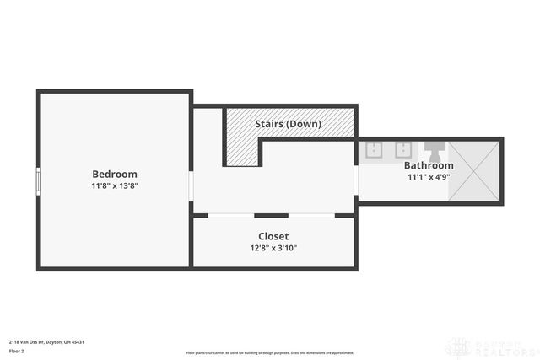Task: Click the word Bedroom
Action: click(x=114, y=174)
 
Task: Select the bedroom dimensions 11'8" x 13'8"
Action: click(x=114, y=185)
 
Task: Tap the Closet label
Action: click(x=273, y=236)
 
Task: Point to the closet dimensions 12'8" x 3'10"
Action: click(x=273, y=248)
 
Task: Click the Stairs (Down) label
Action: click(x=289, y=124)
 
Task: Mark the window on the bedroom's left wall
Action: click(x=38, y=181)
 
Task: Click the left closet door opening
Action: click(x=231, y=216)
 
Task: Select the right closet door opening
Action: click(x=311, y=216)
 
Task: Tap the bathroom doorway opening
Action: click(x=357, y=180)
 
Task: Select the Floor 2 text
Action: click(x=17, y=350)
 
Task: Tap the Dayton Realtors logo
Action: click(x=494, y=347)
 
